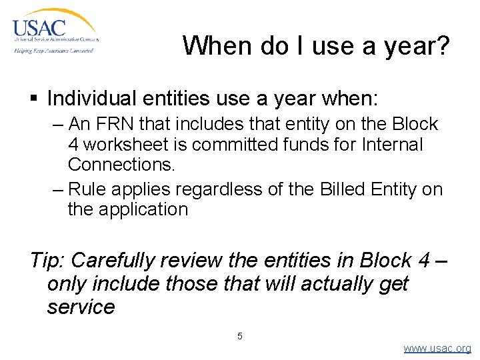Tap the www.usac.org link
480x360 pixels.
coord(437,348)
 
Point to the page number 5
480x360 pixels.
coord(240,336)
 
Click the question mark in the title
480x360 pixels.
coord(442,46)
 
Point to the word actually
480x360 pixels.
coord(337,284)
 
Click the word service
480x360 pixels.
coord(81,307)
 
